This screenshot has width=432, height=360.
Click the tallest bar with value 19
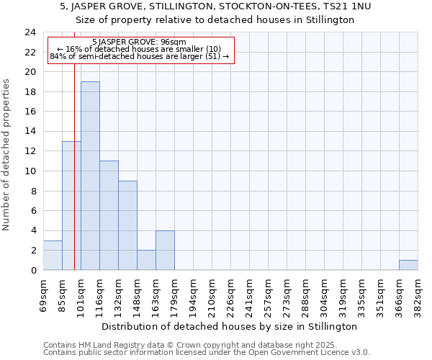[90, 176]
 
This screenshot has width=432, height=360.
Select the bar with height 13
[71, 205]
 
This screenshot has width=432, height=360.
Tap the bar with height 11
[109, 215]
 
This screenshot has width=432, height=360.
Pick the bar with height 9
[127, 225]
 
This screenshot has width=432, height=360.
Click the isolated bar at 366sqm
[408, 265]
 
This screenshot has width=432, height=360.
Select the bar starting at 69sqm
[53, 255]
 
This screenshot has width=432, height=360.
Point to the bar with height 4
[165, 250]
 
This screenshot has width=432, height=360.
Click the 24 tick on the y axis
[30, 32]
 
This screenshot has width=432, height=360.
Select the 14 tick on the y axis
[30, 132]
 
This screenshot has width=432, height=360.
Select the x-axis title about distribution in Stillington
[229, 326]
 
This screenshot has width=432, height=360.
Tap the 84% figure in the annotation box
[58, 56]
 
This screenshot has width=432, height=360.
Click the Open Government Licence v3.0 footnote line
[207, 352]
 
